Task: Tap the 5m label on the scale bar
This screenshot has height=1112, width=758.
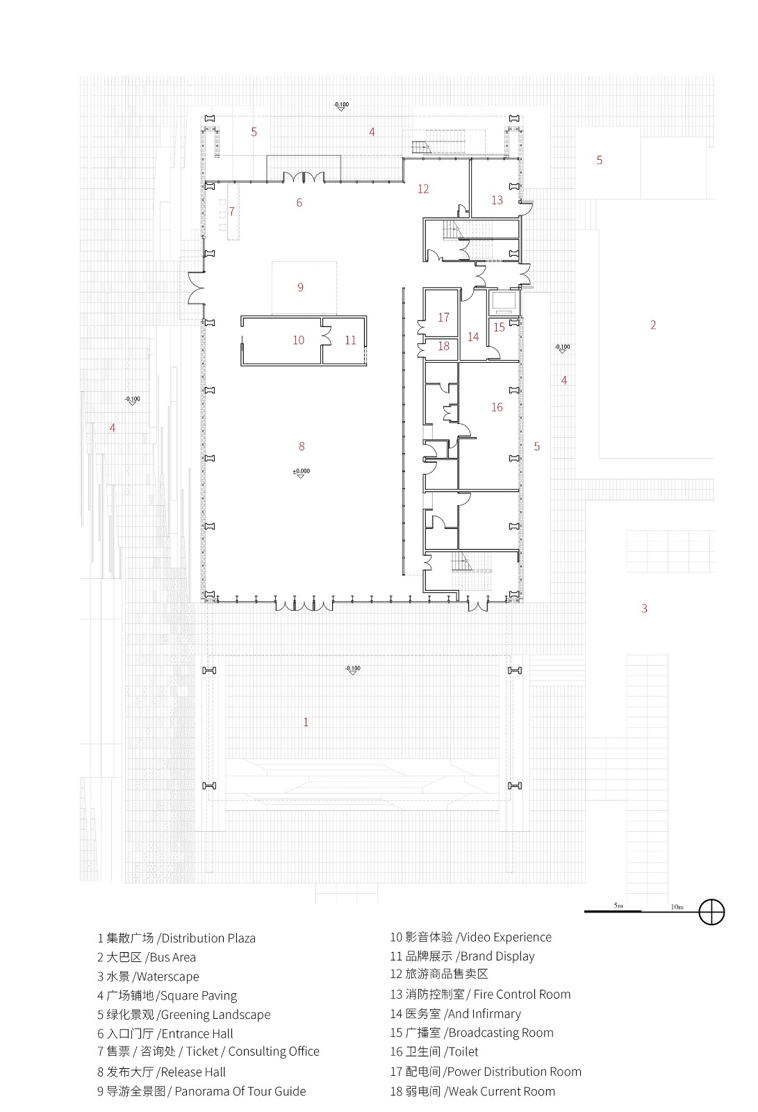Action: (618, 906)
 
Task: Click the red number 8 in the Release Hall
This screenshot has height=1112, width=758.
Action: (302, 446)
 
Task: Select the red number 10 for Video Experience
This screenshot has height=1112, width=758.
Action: (298, 340)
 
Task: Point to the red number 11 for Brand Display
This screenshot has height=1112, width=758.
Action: (350, 340)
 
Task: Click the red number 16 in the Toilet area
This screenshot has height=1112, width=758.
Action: (497, 407)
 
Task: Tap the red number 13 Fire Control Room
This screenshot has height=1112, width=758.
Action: (497, 200)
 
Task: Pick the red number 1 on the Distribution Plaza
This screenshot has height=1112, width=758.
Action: (306, 722)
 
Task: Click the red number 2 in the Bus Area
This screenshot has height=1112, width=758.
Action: (653, 325)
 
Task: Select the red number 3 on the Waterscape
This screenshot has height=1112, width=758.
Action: (645, 609)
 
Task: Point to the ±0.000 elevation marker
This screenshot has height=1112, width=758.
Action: (301, 472)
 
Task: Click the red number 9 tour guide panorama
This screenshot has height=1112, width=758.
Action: (300, 287)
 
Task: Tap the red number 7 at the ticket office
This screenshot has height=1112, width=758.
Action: (232, 211)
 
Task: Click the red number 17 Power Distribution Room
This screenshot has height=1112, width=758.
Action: (444, 318)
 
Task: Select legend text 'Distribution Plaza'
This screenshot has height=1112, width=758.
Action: (208, 938)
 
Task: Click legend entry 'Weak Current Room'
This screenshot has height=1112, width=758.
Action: (502, 1091)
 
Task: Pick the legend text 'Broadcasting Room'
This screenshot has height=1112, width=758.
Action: (501, 1033)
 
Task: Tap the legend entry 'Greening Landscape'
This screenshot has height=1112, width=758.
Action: (215, 1015)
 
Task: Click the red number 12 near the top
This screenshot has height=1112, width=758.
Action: (423, 189)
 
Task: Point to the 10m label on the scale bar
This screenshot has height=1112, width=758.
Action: (677, 907)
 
